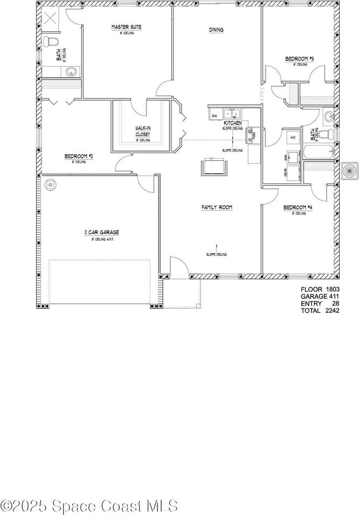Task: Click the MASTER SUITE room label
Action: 127,27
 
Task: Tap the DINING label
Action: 217,30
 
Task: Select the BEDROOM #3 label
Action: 296,59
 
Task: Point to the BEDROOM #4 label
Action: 294,207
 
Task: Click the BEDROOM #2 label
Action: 79,156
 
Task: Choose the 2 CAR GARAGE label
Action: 102,232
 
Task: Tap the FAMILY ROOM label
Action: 217,207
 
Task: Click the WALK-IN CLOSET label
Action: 142,131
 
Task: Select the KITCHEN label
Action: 232,123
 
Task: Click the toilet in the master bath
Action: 51,41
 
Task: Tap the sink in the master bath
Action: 70,71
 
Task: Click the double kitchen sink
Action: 232,114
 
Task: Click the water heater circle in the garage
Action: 50,184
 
